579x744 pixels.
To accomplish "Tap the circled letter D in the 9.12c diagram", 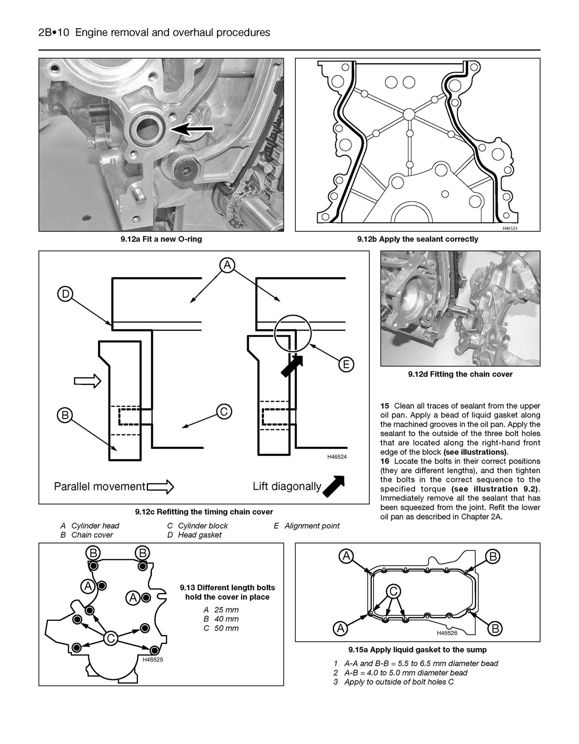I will pos(65,295).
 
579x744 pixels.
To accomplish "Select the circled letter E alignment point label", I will pos(346,364).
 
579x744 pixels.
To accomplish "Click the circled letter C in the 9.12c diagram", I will pos(224,411).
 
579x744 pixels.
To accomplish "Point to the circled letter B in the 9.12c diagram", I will pos(65,416).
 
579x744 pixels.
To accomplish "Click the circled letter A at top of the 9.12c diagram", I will pos(227,265).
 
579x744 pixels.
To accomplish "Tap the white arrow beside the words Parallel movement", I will pos(160,487).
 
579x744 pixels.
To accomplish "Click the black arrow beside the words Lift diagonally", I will pos(334,486).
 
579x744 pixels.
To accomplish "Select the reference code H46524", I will pos(337,457).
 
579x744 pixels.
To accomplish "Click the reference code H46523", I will pos(510,228).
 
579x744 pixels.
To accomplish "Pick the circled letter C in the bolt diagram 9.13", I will pos(111,638).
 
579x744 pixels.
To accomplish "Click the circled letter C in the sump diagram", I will pos(393,591).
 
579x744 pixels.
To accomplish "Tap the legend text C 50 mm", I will pos(221,628).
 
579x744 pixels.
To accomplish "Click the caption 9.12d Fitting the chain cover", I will pos(460,374).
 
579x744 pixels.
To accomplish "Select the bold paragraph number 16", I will pos(385,461).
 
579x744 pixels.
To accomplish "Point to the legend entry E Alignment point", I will pos(306,526).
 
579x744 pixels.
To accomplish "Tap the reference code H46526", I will pos(447,633).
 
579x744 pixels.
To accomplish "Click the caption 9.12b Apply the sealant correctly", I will pos(417,239).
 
